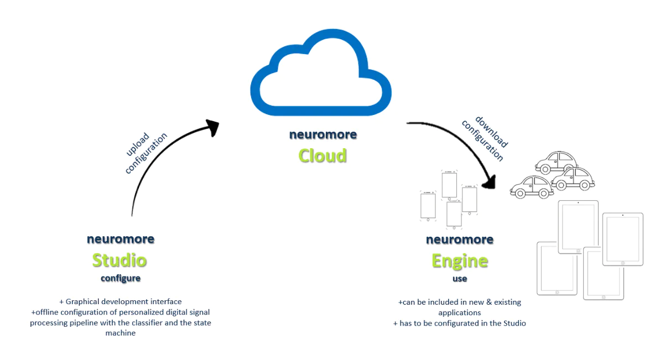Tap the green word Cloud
coord(323,155)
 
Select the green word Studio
coord(119,260)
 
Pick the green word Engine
coord(460,261)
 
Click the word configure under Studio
coord(121,278)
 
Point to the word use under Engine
coord(460,279)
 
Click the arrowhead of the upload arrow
coord(212,127)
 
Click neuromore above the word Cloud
coord(323,134)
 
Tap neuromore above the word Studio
coord(121,239)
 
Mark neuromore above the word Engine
coord(460,240)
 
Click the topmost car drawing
coord(556,161)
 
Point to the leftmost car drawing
coord(532,187)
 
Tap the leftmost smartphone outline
coord(428,206)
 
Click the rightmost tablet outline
coord(623,239)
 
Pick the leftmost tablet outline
coord(557,268)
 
